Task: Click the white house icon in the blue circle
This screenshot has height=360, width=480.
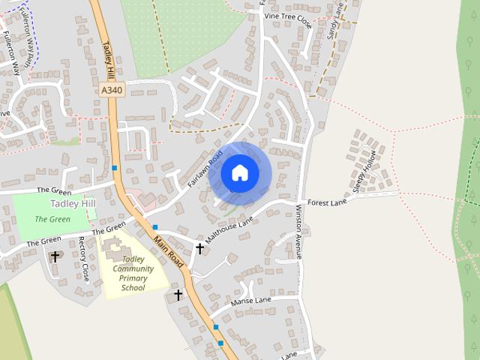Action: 239,172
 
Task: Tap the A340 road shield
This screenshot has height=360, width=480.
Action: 110,90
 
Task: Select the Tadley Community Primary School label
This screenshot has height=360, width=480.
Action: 133,273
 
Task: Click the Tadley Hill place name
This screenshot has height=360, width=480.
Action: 73,203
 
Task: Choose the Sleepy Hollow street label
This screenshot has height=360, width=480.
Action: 368,172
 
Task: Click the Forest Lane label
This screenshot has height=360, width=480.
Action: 327,202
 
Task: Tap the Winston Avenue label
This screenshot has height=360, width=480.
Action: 298,232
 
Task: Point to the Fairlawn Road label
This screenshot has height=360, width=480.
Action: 205,170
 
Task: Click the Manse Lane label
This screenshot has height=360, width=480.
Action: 251,301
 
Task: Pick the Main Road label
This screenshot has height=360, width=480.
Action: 169,251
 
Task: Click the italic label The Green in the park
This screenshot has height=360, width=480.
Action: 52,220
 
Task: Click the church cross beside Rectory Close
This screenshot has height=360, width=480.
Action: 55,256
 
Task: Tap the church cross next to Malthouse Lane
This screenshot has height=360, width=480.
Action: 199,247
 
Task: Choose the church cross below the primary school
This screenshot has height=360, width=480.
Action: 178,295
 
